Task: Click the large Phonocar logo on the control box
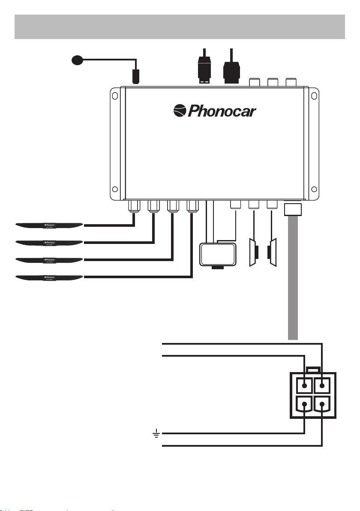click(214, 111)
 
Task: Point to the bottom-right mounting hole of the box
click(314, 189)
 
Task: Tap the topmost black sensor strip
click(48, 224)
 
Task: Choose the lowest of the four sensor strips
click(48, 277)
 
